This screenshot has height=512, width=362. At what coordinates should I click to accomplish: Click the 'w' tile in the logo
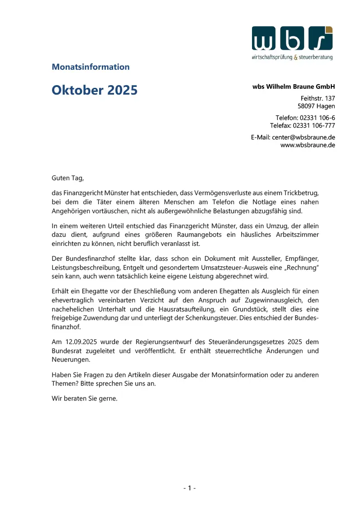tap(264, 38)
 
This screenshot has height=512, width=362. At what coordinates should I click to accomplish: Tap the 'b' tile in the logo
tap(292, 38)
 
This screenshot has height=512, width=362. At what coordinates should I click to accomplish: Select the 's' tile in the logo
tap(320, 38)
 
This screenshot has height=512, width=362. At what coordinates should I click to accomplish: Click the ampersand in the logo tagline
tap(296, 57)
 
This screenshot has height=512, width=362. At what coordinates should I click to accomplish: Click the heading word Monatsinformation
tap(90, 67)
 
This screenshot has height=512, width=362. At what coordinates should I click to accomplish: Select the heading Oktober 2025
tap(95, 90)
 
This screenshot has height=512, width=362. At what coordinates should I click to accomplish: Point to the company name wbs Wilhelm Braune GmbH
tap(294, 86)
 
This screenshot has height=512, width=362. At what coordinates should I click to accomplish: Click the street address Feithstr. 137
tap(318, 98)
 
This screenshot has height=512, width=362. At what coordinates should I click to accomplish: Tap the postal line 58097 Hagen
tap(316, 106)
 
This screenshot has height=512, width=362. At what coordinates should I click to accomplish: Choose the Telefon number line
tap(305, 118)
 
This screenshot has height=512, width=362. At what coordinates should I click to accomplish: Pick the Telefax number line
tap(303, 125)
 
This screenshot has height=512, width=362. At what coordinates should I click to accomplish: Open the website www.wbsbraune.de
tap(308, 145)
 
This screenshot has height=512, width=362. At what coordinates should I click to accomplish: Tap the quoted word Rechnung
tap(299, 267)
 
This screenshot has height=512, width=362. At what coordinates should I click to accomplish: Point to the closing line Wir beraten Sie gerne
tap(85, 399)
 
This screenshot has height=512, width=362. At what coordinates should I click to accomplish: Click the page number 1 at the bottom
tap(190, 488)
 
